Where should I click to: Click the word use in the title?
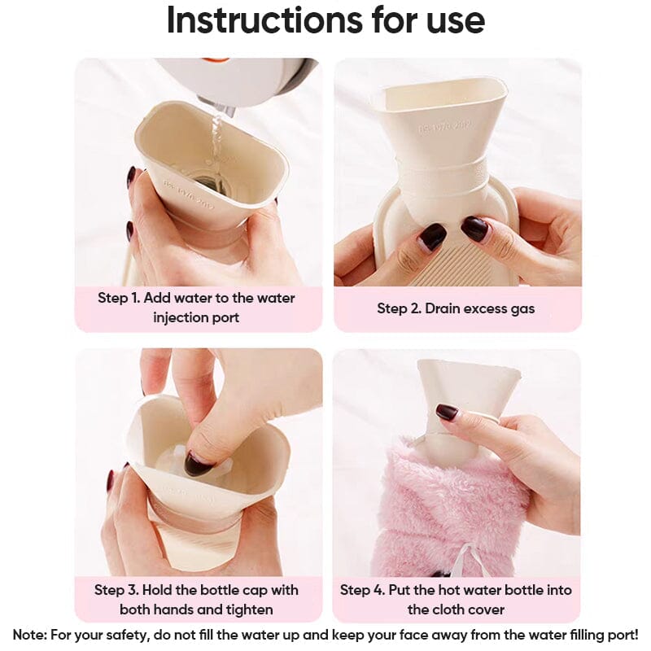point(448,21)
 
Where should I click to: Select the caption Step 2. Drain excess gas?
point(456,308)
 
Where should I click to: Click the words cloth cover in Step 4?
point(456,609)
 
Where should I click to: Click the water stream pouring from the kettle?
point(216,134)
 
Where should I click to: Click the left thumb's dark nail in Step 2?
point(432,237)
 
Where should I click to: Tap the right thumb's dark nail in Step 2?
point(474,229)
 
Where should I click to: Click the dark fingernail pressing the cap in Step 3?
point(198,464)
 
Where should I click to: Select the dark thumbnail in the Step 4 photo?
point(446,413)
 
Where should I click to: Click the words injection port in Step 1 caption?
point(196,317)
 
